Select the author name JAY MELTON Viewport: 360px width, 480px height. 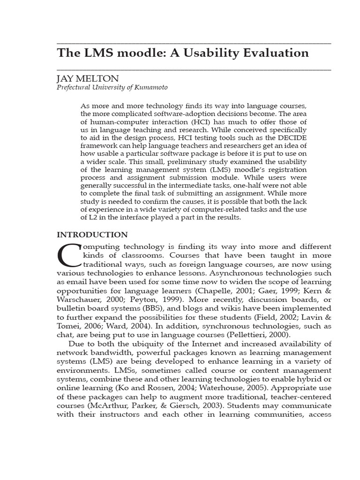click(x=88, y=78)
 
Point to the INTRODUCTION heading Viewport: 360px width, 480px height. click(x=92, y=234)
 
